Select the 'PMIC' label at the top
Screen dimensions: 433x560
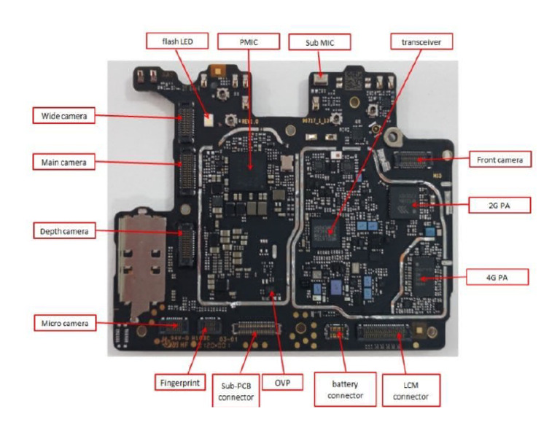tap(248, 41)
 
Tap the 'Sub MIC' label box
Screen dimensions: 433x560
tap(319, 42)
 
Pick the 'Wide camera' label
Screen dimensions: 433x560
tap(63, 115)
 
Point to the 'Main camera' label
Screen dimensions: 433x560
tap(63, 162)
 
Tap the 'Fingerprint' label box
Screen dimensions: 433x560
tap(178, 381)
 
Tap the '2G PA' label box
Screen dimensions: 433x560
tap(499, 206)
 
